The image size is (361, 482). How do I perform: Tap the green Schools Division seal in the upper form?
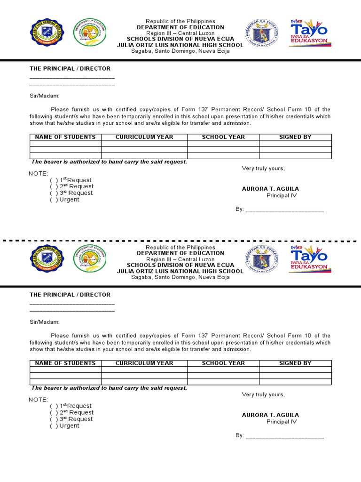[89, 33]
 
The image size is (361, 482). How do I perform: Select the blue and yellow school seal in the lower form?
[47, 259]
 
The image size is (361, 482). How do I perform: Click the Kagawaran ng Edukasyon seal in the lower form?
[262, 259]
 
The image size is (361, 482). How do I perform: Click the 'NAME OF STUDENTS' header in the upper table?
[65, 137]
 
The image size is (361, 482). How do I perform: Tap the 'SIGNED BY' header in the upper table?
[295, 137]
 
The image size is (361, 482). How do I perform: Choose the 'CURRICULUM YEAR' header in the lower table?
[144, 363]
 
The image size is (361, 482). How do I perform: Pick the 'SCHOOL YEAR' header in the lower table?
[223, 363]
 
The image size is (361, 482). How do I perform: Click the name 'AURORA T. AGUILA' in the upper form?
[270, 189]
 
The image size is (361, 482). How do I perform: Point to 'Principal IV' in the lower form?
[282, 422]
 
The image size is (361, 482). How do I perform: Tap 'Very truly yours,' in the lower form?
[263, 394]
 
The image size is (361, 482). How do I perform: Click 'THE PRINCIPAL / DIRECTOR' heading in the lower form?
[70, 295]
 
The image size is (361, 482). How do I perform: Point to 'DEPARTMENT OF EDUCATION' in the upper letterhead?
[180, 27]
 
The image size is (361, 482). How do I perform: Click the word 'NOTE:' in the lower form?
[39, 400]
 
